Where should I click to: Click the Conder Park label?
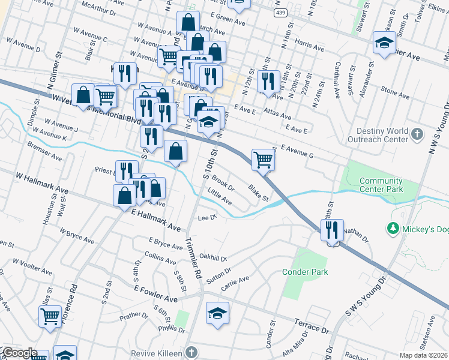(x=306, y=272)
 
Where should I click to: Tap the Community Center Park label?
(x=381, y=185)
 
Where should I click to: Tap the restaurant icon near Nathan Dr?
(x=331, y=230)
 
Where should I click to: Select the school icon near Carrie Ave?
(x=218, y=313)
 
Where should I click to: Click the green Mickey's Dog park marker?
(x=393, y=228)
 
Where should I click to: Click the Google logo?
(x=20, y=353)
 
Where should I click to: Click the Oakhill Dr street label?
(x=213, y=258)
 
